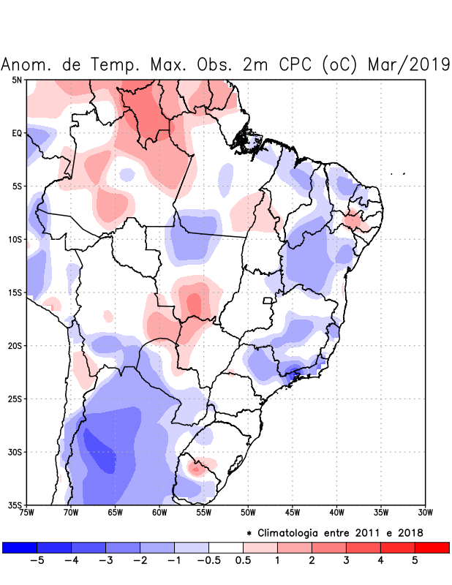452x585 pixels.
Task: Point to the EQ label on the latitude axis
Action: pos(17,133)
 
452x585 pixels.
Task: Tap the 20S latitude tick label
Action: pos(16,346)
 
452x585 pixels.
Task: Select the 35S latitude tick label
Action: pos(16,505)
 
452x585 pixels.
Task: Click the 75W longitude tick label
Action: pos(26,513)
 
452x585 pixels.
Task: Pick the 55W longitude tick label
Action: pos(204,513)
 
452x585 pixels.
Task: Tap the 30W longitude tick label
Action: pos(426,513)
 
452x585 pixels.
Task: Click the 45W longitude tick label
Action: pos(293,513)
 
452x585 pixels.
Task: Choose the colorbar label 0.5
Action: pos(244,561)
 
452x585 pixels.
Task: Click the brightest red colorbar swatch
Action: pos(432,547)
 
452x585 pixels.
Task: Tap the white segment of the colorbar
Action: pos(226,547)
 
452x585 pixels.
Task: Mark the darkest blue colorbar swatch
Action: pos(20,547)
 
